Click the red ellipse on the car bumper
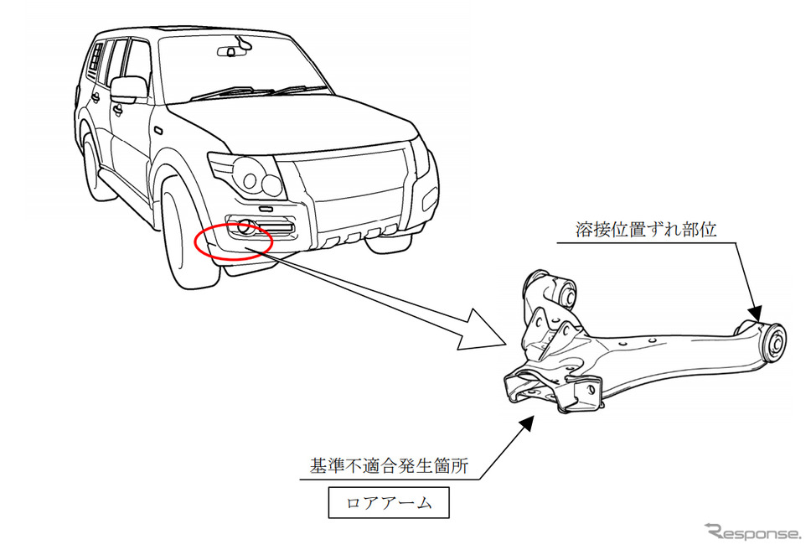click(x=195, y=243)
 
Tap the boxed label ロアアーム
click(x=389, y=502)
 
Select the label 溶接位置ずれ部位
click(x=645, y=230)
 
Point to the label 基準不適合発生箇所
click(x=389, y=465)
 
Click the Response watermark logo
click(x=753, y=532)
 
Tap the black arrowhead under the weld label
click(x=755, y=313)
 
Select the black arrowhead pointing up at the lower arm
click(x=526, y=423)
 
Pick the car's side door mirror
click(x=127, y=90)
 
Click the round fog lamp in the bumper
click(x=245, y=227)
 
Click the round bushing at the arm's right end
click(x=774, y=341)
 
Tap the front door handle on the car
click(x=118, y=109)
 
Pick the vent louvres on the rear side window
click(x=96, y=57)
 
